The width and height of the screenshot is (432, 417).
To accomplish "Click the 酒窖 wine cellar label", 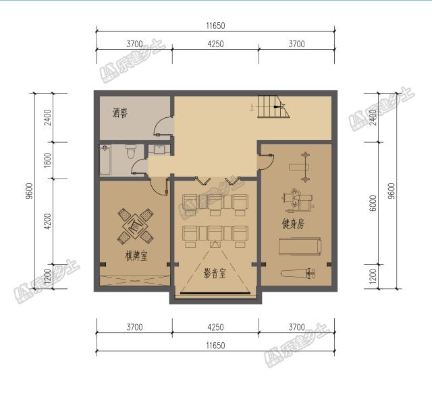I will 122,114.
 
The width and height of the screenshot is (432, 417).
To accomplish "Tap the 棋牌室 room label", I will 136,257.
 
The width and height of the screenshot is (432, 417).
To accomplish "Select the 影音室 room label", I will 215,274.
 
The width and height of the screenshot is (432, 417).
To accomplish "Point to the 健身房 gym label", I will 293,224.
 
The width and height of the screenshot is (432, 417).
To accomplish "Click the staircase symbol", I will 273,106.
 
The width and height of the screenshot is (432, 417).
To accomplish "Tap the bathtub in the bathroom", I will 105,160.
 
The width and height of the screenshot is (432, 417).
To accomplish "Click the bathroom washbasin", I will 160,150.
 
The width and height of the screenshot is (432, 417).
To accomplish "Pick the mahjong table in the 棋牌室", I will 136,226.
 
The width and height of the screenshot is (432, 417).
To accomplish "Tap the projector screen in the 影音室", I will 215,294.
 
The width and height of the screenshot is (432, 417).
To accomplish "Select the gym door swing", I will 266,161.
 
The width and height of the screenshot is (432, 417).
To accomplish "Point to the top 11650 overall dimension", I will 215,26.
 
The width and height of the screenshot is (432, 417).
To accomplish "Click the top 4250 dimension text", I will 215,44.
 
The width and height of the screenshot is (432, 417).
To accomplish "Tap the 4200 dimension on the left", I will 47,221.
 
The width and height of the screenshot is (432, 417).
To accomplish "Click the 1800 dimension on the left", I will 47,160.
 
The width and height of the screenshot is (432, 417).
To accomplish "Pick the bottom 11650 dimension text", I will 215,346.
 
